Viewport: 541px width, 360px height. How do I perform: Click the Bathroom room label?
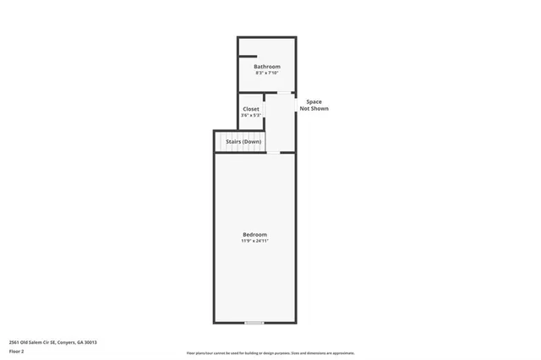[x=267, y=66]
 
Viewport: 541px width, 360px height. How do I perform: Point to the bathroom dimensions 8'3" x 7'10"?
[x=267, y=74]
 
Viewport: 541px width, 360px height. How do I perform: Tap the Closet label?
[x=251, y=109]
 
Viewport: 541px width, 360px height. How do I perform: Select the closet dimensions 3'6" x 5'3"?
[x=251, y=116]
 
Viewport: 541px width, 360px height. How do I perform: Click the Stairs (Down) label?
[x=243, y=141]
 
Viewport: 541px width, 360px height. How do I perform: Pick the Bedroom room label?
[x=254, y=234]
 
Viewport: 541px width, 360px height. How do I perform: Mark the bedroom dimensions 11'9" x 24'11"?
[x=254, y=241]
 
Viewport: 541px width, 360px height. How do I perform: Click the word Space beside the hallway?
[x=314, y=101]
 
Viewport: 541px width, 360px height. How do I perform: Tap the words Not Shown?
[x=314, y=109]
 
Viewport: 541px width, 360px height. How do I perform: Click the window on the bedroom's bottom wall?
[x=254, y=323]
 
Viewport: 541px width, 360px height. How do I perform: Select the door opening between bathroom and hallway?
[x=285, y=92]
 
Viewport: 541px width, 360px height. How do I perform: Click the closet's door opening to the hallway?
[x=265, y=111]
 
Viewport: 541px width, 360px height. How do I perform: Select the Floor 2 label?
[x=16, y=351]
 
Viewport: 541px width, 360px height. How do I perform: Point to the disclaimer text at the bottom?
[x=270, y=353]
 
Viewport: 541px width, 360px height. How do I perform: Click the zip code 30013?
[x=91, y=342]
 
